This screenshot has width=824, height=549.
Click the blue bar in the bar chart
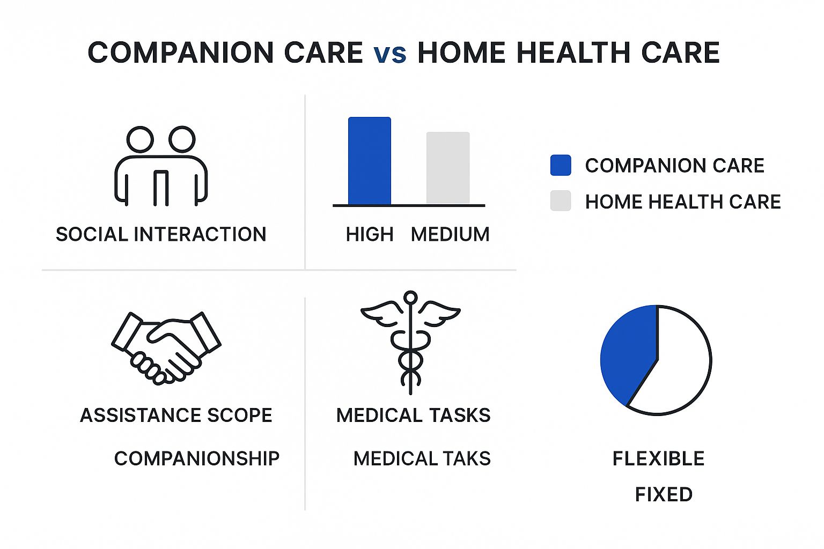(x=369, y=161)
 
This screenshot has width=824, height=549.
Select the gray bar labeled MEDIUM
(x=448, y=168)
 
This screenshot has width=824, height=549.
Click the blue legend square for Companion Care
(x=561, y=165)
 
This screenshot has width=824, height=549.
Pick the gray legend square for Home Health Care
(x=561, y=201)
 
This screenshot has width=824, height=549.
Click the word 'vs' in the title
(x=391, y=54)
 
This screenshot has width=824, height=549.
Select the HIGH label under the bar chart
(x=370, y=234)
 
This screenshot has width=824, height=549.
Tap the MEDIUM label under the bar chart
(x=450, y=234)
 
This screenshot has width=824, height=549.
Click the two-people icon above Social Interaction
(x=161, y=166)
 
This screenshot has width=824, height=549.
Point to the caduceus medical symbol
(x=410, y=343)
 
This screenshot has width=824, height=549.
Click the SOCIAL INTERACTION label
(x=161, y=234)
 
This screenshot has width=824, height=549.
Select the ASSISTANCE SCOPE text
(x=176, y=415)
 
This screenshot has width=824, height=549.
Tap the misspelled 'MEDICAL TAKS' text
(x=422, y=458)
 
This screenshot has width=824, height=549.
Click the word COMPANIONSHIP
(x=197, y=458)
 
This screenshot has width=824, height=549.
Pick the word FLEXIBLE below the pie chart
(x=658, y=458)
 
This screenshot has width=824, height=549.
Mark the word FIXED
(x=664, y=494)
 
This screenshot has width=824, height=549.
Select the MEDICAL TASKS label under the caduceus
(x=414, y=415)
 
